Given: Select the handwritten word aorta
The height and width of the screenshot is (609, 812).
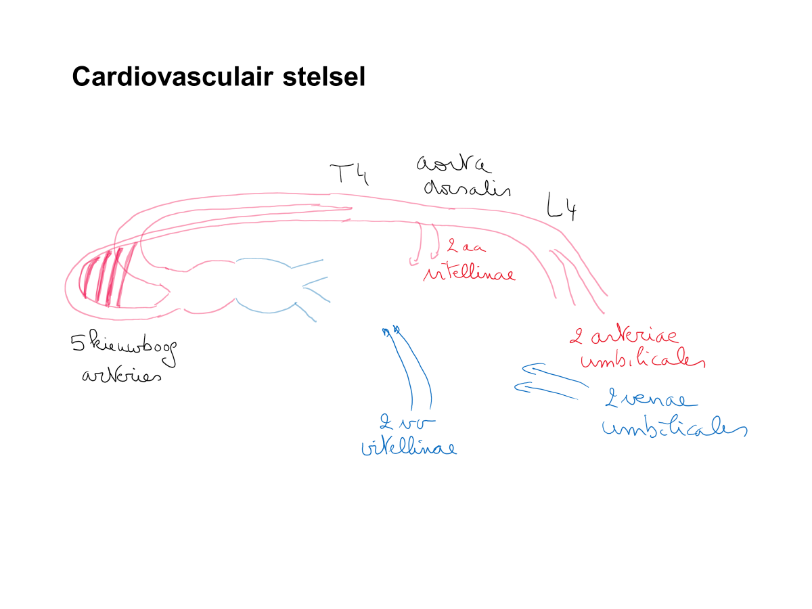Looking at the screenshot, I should coord(453,164).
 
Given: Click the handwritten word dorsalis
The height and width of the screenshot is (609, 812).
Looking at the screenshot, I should coord(466,187).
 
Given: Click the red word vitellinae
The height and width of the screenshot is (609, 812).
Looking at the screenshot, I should coord(468,273).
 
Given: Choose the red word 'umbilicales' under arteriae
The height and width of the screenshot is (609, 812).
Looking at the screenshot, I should coord(643,360).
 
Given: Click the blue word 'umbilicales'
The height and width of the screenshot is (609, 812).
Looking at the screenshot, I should coord(673,428).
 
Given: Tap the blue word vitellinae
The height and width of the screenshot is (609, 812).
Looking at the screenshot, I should coord(409,447).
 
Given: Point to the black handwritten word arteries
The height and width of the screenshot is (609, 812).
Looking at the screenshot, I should coord(122,375).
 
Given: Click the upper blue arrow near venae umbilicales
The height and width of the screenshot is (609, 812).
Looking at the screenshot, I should coord(555,372).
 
